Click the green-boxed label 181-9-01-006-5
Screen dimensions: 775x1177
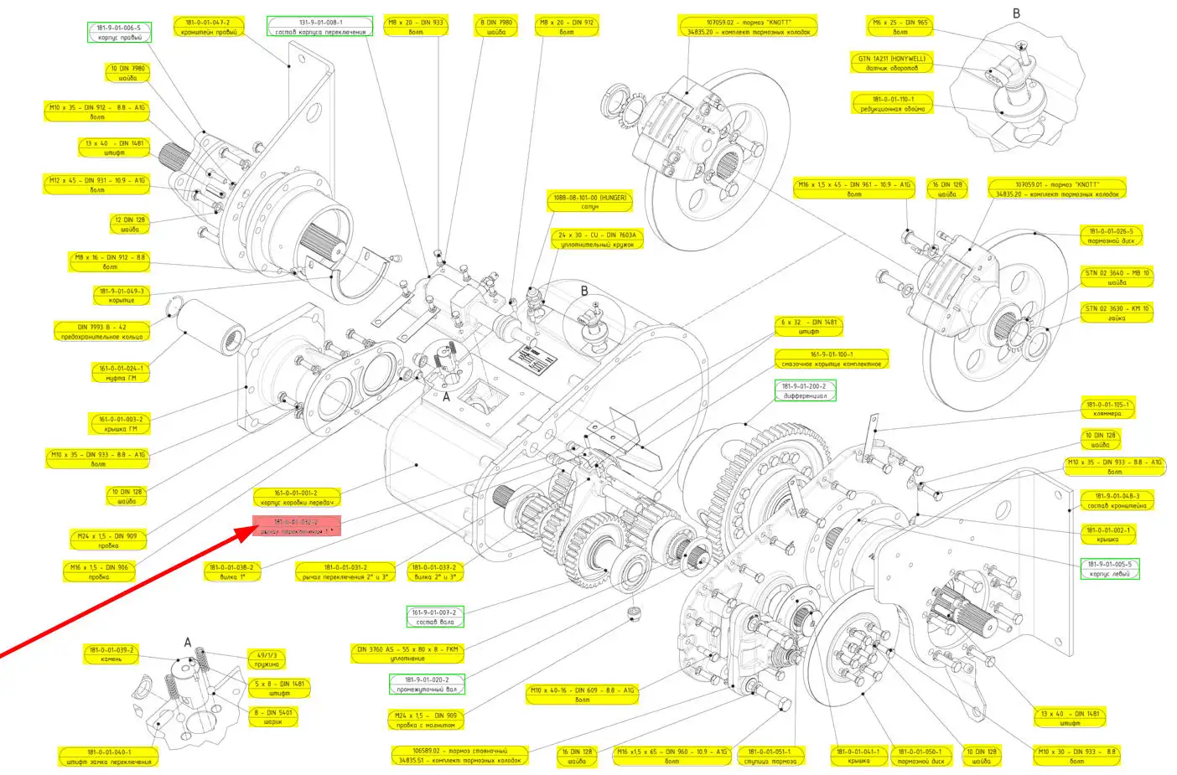pos(119,33)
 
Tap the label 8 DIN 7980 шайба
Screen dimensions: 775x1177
pos(495,28)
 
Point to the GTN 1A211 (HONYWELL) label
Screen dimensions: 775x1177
pos(892,63)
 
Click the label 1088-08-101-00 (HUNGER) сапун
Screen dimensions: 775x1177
pos(590,202)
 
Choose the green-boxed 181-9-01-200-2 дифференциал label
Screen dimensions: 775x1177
pos(805,390)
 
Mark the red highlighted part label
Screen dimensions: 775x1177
pos(297,527)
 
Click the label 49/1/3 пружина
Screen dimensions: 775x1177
pos(267,659)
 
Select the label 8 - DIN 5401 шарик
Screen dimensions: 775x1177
pos(273,717)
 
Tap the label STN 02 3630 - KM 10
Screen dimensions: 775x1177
pos(1117,313)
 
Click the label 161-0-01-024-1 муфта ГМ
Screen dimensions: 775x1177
pos(121,373)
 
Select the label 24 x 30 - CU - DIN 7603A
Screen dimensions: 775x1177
pos(598,240)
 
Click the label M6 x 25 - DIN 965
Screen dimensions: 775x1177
pos(900,28)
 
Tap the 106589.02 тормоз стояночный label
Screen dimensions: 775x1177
pos(459,755)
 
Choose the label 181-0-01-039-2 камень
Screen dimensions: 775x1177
pos(111,654)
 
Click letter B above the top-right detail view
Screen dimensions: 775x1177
pos(1016,13)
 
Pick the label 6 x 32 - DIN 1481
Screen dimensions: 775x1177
pos(808,327)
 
